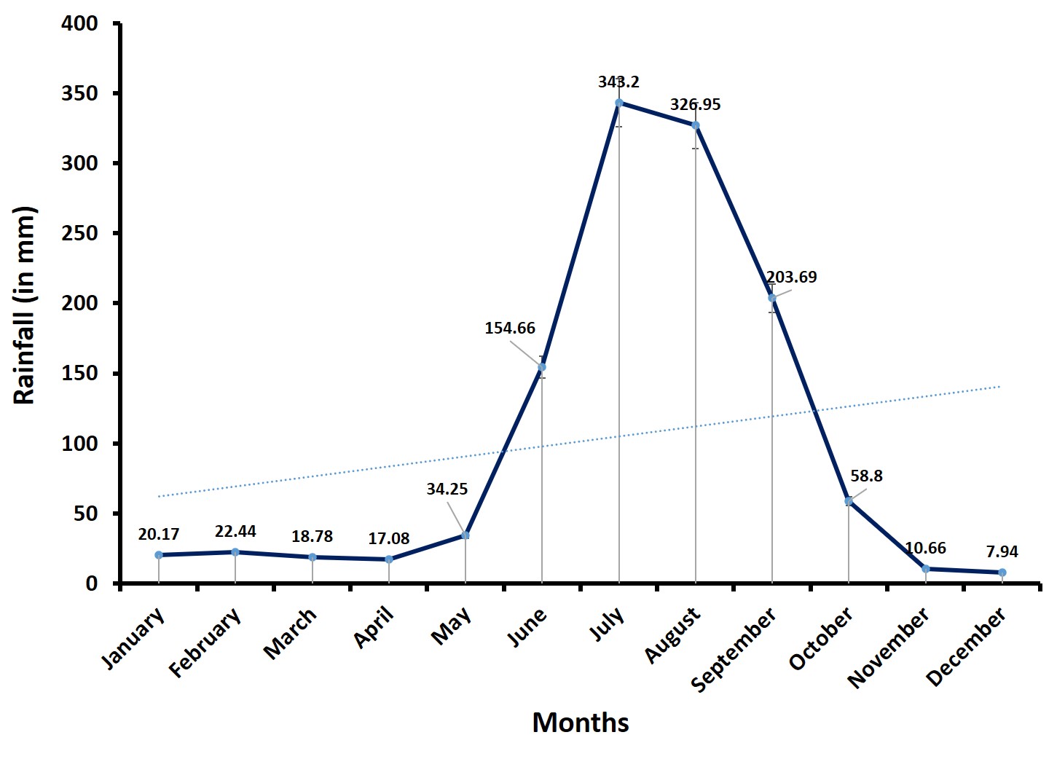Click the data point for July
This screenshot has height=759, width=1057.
(618, 103)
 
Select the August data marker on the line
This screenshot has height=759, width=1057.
(696, 125)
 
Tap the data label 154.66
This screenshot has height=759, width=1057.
(510, 328)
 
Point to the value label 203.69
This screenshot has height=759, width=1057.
(791, 277)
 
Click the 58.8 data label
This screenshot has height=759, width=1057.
(866, 476)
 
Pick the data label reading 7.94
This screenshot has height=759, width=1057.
(1002, 551)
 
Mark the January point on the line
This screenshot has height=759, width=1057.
(159, 555)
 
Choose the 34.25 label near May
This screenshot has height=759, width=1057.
(447, 489)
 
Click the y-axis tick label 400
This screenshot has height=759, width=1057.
(81, 23)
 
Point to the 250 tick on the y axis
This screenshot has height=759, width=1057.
(81, 233)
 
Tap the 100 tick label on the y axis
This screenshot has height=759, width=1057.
(81, 444)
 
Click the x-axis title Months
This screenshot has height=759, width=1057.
(581, 723)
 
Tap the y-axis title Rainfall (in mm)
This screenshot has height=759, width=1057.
(24, 305)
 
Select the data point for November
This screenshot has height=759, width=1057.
(926, 568)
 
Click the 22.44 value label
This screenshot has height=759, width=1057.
(235, 532)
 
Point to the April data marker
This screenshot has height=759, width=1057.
(389, 559)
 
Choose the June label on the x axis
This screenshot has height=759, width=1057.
(527, 627)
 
